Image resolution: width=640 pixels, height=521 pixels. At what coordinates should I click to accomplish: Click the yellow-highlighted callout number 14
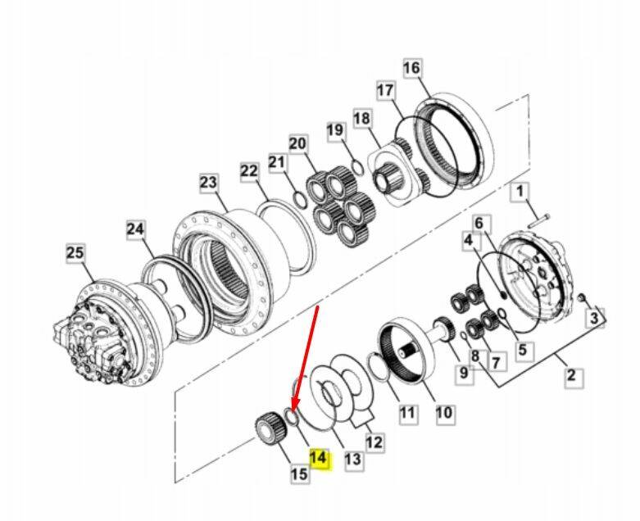click(319, 460)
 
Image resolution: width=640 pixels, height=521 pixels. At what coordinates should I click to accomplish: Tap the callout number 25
click(75, 253)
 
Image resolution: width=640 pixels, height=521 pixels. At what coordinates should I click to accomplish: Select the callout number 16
click(412, 68)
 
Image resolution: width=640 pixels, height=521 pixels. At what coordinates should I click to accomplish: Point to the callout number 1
click(520, 192)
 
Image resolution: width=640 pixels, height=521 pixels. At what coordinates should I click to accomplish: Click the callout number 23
click(209, 183)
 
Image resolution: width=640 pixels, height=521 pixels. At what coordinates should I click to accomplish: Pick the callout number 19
click(335, 130)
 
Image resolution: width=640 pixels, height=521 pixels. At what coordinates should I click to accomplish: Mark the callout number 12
click(374, 442)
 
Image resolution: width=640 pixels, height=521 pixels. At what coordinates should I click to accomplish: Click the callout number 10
click(444, 413)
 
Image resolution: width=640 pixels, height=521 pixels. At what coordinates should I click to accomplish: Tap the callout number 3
click(595, 318)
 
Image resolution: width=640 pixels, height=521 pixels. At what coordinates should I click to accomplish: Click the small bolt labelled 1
click(538, 220)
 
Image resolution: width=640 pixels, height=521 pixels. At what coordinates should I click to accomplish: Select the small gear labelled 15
click(270, 430)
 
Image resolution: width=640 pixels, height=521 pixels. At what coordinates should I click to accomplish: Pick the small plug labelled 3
click(582, 298)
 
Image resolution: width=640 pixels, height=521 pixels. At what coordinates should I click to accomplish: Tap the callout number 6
click(479, 223)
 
